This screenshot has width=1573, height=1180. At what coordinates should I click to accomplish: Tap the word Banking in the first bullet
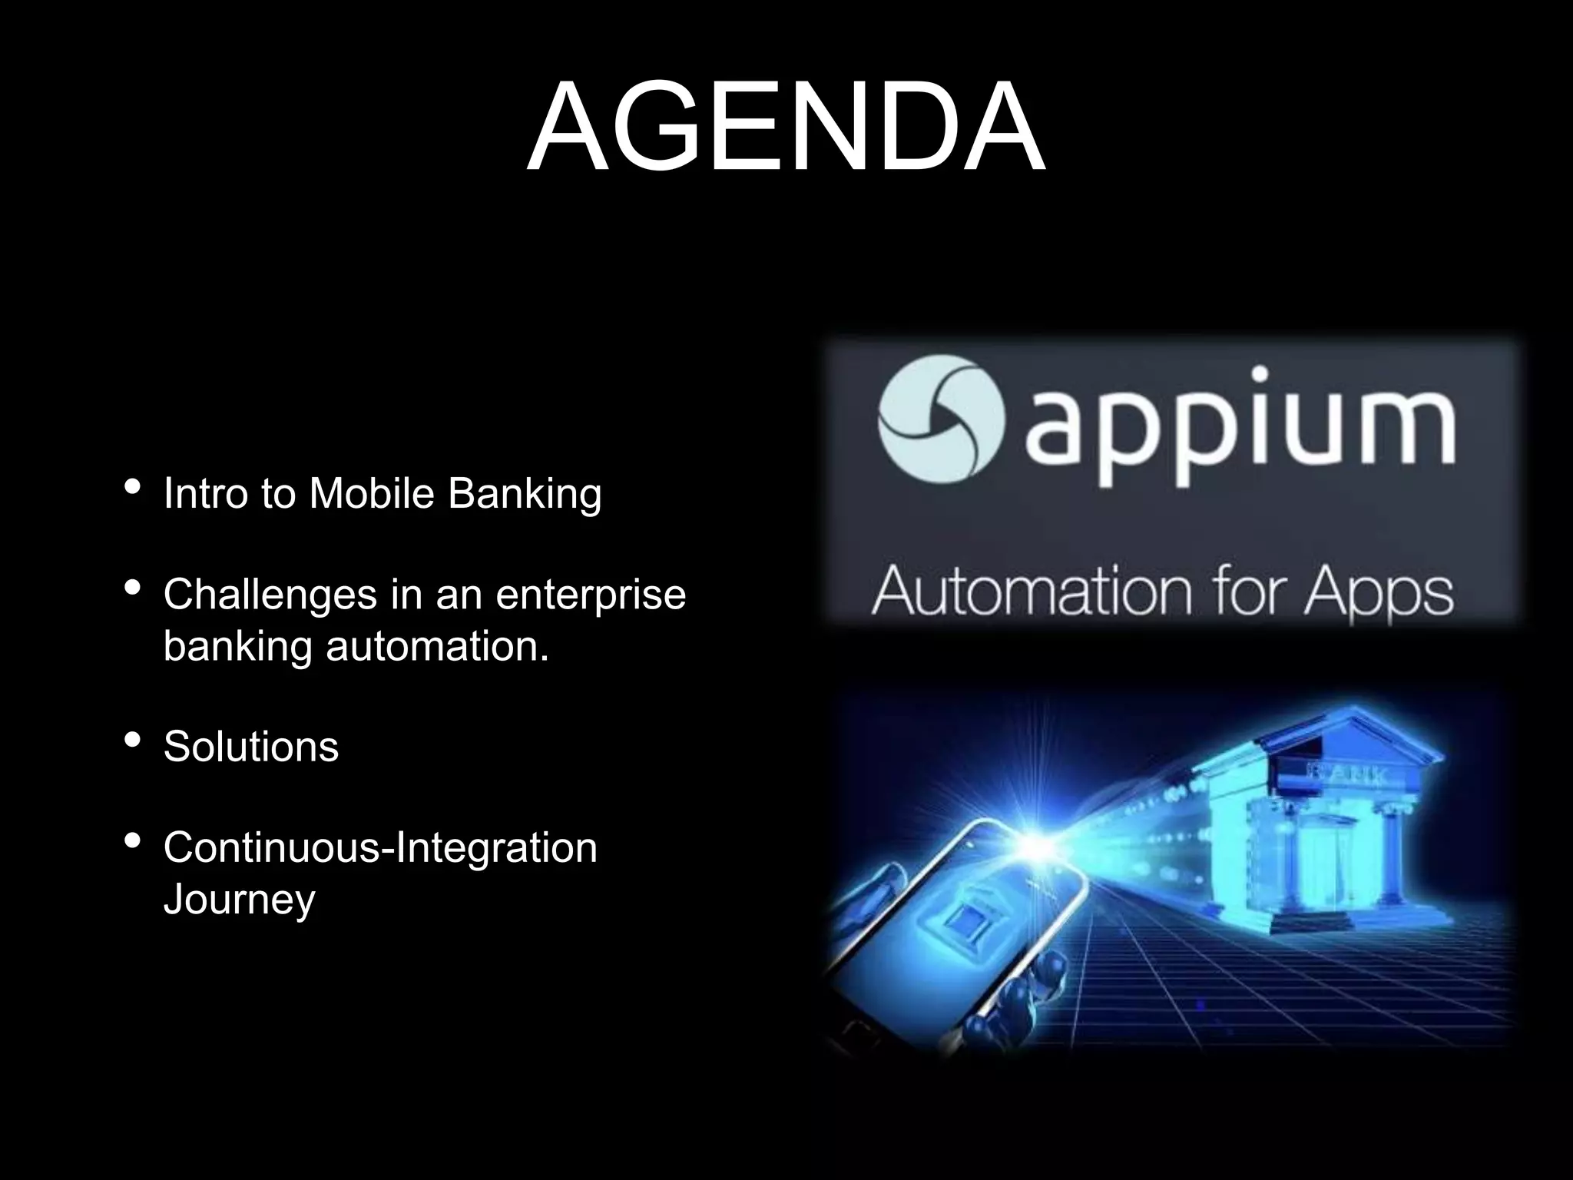pos(525,495)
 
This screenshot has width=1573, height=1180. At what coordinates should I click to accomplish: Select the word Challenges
pos(270,595)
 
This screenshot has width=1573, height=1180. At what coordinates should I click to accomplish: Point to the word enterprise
pos(591,595)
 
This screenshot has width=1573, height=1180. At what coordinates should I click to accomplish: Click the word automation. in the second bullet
pos(438,646)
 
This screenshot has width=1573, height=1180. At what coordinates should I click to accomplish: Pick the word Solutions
pos(251,747)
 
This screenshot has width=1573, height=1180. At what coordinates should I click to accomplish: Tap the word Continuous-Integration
pos(380,848)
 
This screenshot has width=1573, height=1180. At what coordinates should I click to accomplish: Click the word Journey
pos(240,900)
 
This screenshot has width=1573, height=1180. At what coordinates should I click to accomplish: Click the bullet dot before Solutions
pos(132,741)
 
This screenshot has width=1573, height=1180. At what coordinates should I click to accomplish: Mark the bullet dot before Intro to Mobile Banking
pos(132,487)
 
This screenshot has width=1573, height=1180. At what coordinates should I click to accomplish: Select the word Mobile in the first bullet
pos(372,493)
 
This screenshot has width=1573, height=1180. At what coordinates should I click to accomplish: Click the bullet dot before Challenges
pos(132,589)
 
